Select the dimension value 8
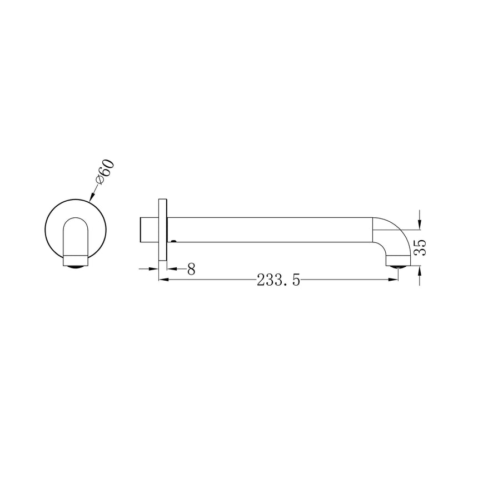191,270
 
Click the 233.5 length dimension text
278,281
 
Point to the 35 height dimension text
421,247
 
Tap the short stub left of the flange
148,230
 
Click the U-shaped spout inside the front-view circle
76,236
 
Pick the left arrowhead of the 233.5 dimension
163,280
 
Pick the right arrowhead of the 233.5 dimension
394,280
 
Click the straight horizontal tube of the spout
267,230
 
